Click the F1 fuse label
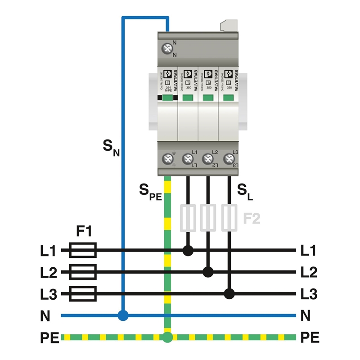point(84,232)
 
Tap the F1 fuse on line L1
point(83,250)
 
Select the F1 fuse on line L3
point(83,294)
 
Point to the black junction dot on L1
point(188,250)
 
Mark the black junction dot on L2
point(208,272)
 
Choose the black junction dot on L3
point(229,294)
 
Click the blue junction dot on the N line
point(122,315)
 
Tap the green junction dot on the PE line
point(167,337)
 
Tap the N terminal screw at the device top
point(168,49)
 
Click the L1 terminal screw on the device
point(187,158)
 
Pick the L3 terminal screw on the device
point(229,158)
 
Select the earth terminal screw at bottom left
point(167,158)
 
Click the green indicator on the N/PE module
point(168,97)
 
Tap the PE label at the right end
point(310,337)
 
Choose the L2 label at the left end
point(48,272)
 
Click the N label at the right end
point(306,316)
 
